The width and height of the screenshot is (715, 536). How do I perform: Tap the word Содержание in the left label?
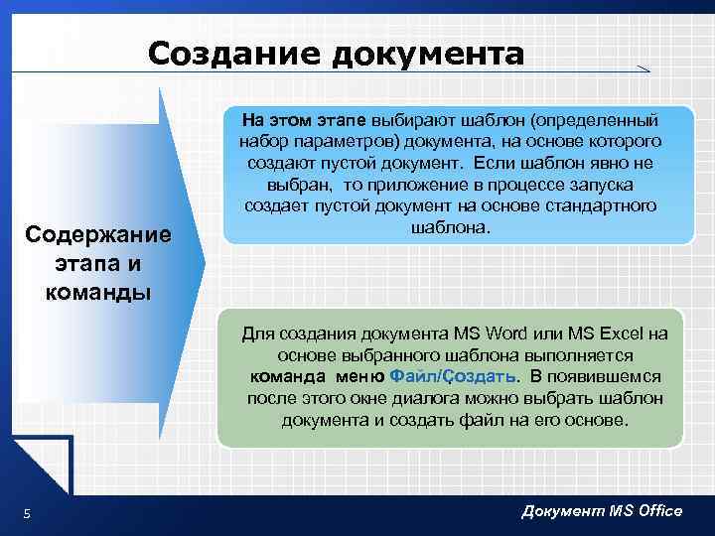pyautogui.click(x=98, y=236)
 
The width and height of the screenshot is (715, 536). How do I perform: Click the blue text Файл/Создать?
pyautogui.click(x=453, y=376)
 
